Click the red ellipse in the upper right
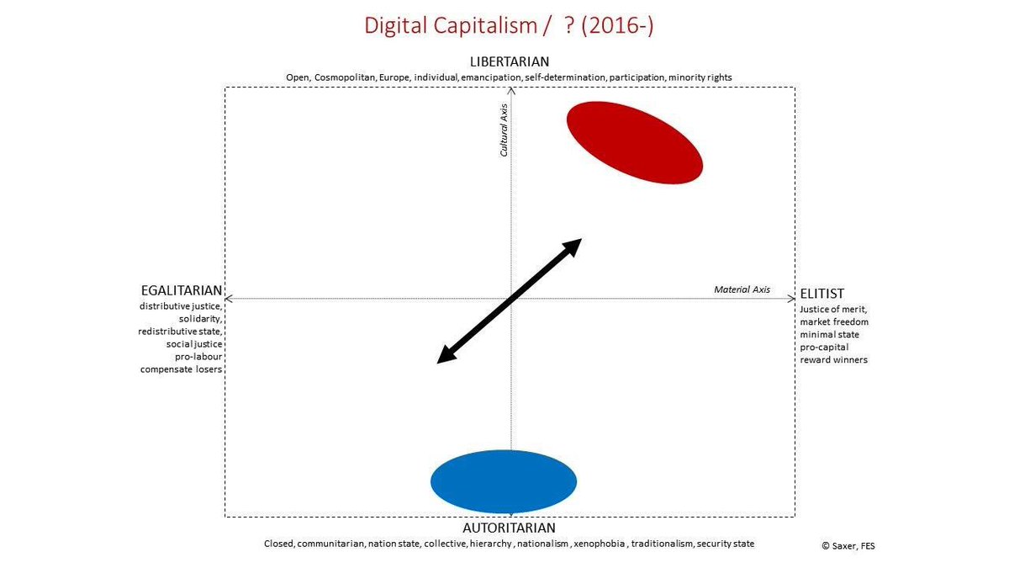coord(634,141)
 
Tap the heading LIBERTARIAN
coord(510,61)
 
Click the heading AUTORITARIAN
coord(509,528)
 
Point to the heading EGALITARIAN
coord(181,290)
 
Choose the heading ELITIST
coord(821,295)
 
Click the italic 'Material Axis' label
coord(742,289)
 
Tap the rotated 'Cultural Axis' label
coord(504,130)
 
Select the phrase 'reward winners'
coord(833,359)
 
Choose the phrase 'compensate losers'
coord(181,369)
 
